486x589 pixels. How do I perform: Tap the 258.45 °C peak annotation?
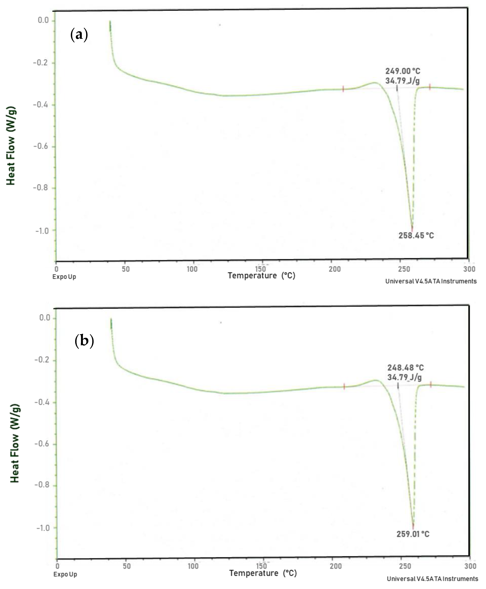(x=416, y=235)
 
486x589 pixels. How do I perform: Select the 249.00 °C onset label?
(x=403, y=71)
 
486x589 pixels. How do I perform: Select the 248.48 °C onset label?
(x=405, y=368)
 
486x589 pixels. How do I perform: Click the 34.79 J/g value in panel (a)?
(x=402, y=81)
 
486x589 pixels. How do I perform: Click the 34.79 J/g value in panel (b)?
(x=404, y=377)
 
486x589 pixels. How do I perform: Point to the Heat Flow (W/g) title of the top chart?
(x=11, y=146)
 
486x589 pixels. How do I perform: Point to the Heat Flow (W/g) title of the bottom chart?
(x=15, y=443)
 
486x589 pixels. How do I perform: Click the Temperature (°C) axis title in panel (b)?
(x=263, y=573)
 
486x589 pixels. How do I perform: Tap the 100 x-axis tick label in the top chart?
(x=192, y=269)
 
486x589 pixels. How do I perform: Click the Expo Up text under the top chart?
(x=64, y=277)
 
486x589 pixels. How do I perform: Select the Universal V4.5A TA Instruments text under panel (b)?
(x=432, y=579)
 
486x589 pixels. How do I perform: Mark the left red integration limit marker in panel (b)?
(x=344, y=387)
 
